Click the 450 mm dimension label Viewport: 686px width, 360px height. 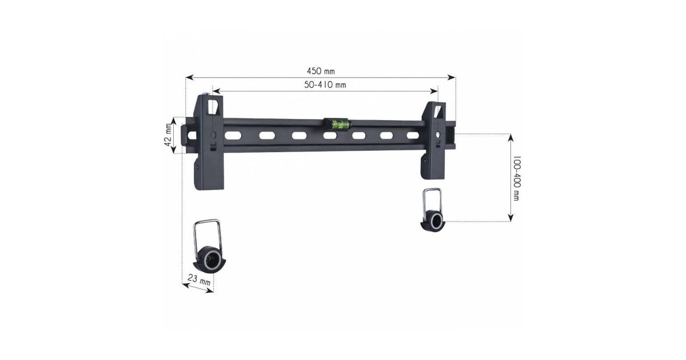point(321,71)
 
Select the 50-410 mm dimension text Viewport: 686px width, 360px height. point(325,85)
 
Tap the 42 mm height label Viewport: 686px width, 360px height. point(168,135)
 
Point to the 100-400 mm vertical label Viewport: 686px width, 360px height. point(517,178)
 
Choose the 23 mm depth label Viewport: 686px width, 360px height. point(199,280)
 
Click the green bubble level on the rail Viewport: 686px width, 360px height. point(337,123)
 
